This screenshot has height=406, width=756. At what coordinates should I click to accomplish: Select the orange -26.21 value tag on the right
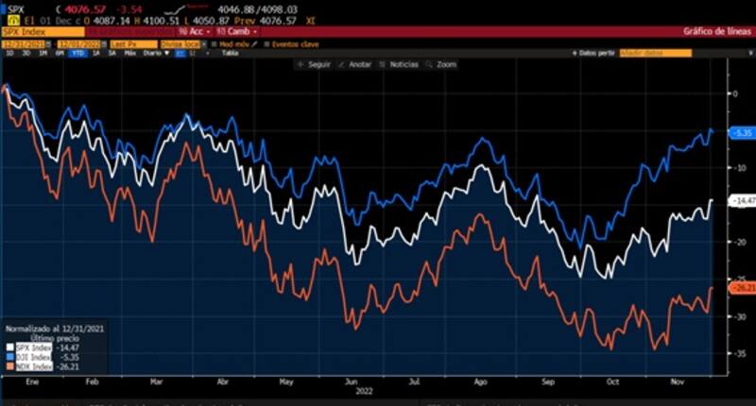(x=742, y=287)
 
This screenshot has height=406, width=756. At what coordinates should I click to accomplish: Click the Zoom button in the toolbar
(x=445, y=64)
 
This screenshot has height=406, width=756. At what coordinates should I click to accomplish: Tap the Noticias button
(x=403, y=64)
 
